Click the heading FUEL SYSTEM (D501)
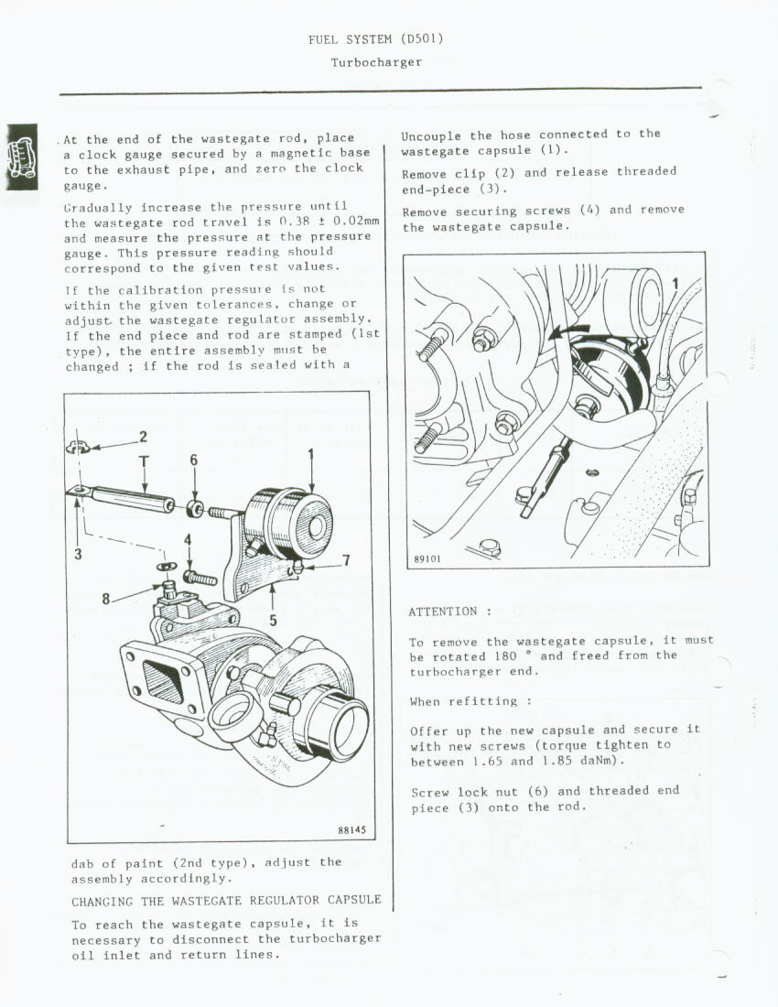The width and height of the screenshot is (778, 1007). coord(376,39)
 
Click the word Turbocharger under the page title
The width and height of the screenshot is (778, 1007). coord(376,62)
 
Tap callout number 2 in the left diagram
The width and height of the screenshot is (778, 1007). coord(143,437)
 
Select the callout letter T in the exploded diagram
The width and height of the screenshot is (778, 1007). coord(144,460)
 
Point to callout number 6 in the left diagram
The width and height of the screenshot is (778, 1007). coord(193,460)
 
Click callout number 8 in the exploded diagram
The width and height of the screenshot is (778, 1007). coord(106,599)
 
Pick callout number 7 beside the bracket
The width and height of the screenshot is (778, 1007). coord(345,560)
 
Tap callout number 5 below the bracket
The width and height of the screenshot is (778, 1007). coord(272,620)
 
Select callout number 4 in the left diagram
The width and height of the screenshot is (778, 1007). coord(188,540)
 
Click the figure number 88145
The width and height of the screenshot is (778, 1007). coord(351,831)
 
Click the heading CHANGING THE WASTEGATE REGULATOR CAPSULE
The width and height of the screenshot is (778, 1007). coord(226,901)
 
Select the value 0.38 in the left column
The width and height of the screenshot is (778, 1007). coord(293,222)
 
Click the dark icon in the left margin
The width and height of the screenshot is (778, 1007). coord(22,157)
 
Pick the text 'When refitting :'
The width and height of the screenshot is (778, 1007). coord(471,701)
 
